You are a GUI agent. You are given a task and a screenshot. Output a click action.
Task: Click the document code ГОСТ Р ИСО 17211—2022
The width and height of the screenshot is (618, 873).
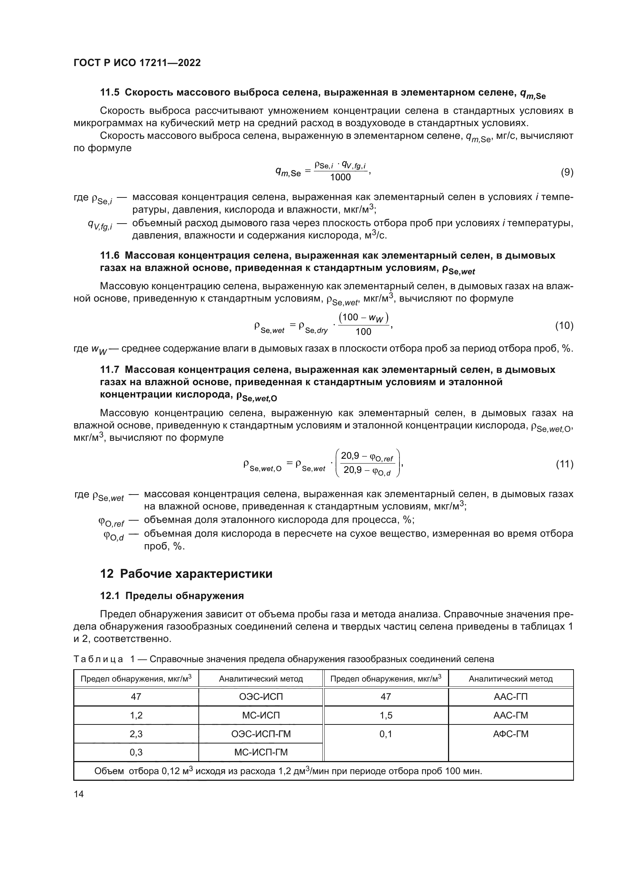[x=137, y=63]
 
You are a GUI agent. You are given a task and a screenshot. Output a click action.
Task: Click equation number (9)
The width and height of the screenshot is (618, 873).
[x=567, y=172]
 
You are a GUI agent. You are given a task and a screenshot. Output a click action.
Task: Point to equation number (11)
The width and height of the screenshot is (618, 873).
[x=564, y=464]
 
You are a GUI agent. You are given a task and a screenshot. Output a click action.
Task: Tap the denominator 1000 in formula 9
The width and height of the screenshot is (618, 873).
[x=340, y=178]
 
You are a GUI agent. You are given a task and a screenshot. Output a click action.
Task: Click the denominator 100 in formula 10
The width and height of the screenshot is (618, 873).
[x=363, y=332]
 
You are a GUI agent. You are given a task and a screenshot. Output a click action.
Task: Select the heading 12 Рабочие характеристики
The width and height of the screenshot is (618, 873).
[x=186, y=574]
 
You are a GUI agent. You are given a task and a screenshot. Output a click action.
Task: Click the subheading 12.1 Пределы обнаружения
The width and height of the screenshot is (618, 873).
[x=172, y=596]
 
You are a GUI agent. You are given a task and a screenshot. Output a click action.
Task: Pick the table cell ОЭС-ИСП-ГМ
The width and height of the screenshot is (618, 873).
[x=261, y=734]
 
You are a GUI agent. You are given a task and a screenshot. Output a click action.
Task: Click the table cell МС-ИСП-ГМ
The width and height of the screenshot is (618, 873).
[x=261, y=752]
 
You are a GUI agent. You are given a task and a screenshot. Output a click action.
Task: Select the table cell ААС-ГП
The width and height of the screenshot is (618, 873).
[x=510, y=696]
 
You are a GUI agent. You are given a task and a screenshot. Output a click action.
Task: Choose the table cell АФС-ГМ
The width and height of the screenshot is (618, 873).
[x=510, y=734]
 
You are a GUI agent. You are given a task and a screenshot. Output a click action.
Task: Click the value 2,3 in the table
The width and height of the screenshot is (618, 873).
[x=136, y=734]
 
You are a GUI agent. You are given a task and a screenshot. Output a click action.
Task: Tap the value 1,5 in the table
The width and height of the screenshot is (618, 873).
[x=386, y=715]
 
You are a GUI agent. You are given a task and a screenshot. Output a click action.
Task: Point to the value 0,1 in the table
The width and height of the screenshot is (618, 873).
[x=386, y=734]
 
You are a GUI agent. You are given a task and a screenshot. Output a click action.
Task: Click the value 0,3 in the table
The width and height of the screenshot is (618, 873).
[x=136, y=752]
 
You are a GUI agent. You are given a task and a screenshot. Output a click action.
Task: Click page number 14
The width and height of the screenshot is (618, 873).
[x=79, y=794]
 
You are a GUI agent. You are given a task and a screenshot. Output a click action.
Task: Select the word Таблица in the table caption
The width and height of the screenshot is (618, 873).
[x=98, y=659]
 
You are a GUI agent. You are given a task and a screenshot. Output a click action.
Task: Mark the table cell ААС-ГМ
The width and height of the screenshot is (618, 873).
[x=510, y=715]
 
